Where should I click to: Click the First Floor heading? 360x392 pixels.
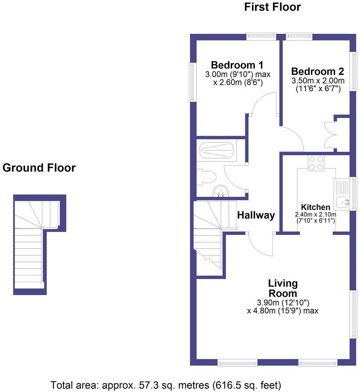[x=272, y=7]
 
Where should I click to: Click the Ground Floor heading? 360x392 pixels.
[x=39, y=168]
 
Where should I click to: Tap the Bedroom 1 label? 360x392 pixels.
[x=237, y=65]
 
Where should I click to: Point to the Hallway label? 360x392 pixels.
[x=256, y=215]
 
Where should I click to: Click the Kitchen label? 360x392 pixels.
[x=315, y=208]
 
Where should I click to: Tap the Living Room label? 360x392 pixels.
[x=283, y=288]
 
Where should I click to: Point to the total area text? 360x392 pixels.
[x=166, y=384]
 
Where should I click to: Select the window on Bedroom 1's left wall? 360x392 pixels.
[x=192, y=82]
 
